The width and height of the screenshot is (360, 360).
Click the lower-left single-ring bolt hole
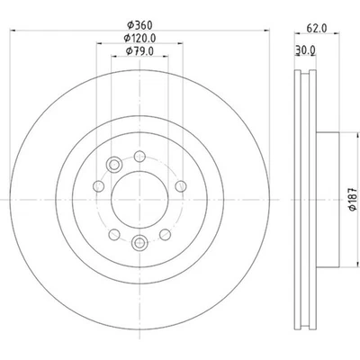coord(112,236)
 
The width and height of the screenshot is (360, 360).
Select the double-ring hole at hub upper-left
coord(113,164)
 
